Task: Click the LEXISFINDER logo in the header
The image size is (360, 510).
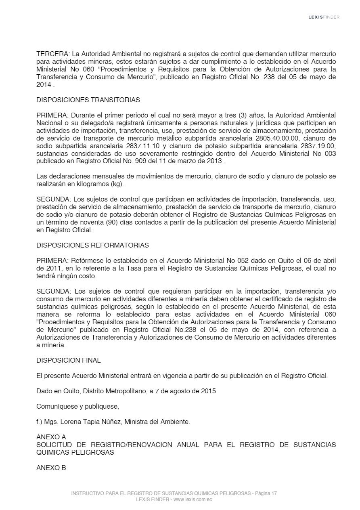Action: pos(324,17)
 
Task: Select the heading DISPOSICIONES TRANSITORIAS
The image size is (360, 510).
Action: pos(88,100)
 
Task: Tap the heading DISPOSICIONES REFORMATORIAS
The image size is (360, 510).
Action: pos(92,245)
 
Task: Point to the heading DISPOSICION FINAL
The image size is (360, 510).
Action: pos(69,360)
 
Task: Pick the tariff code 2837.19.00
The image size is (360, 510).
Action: pos(318,146)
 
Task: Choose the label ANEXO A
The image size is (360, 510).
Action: pos(51,437)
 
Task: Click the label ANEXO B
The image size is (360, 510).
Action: pos(51,468)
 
